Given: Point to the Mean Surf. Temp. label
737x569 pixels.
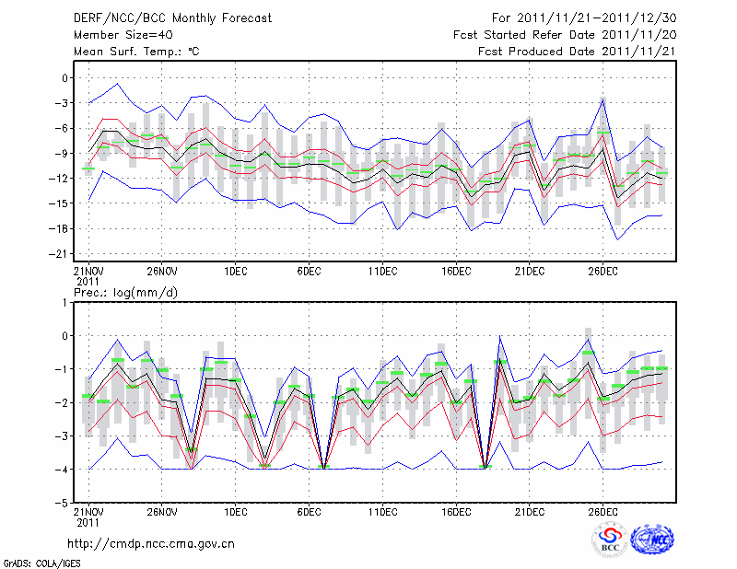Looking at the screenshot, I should pyautogui.click(x=136, y=51).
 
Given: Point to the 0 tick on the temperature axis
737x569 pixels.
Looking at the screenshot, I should pyautogui.click(x=66, y=78).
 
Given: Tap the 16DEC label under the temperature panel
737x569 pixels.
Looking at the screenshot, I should pyautogui.click(x=456, y=271).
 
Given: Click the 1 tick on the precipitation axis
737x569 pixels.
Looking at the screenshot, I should pyautogui.click(x=66, y=302).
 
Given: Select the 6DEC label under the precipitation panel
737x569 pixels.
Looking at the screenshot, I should pyautogui.click(x=309, y=512).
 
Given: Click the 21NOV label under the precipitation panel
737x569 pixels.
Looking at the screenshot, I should pyautogui.click(x=88, y=512).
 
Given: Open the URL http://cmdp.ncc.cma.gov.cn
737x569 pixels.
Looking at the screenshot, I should pyautogui.click(x=152, y=543).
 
